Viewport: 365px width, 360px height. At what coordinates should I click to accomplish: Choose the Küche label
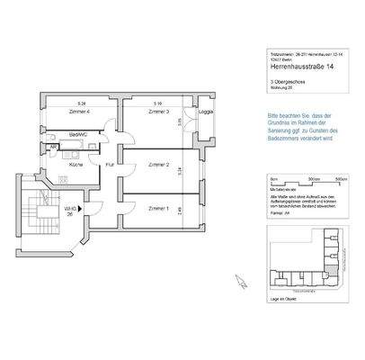tap(76, 165)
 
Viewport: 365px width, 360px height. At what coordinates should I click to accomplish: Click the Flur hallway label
tap(110, 165)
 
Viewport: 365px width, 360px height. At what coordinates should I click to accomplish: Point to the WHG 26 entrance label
tap(69, 212)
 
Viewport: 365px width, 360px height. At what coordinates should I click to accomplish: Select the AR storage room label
tap(53, 147)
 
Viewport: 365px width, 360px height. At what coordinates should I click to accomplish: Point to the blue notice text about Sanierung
tap(305, 127)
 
